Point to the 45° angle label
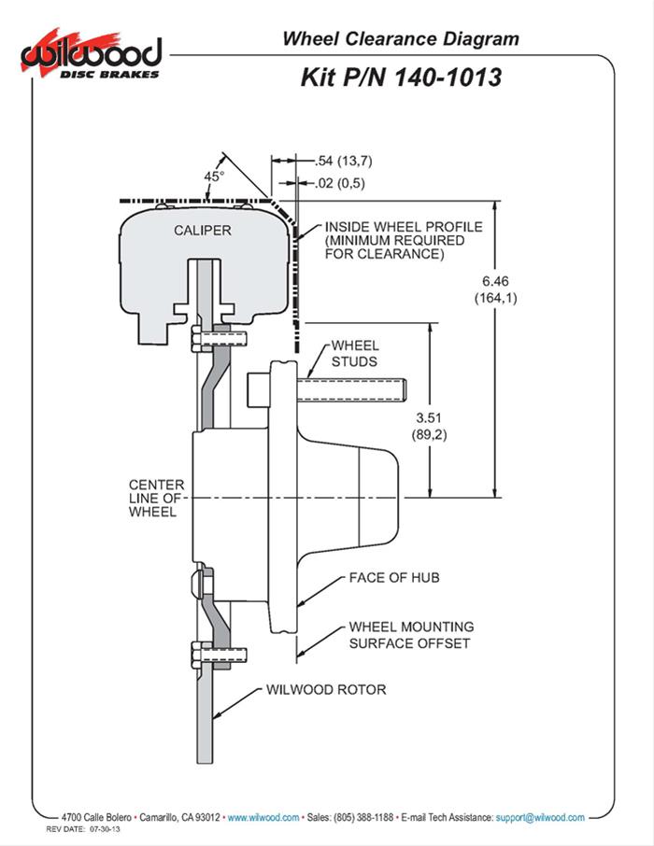point(214,176)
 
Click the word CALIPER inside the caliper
point(202,229)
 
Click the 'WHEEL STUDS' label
point(355,353)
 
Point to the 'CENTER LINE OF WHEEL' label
point(156,499)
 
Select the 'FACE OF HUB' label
point(393,578)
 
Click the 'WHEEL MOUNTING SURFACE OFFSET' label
point(410,635)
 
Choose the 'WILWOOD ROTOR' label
point(325,690)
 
